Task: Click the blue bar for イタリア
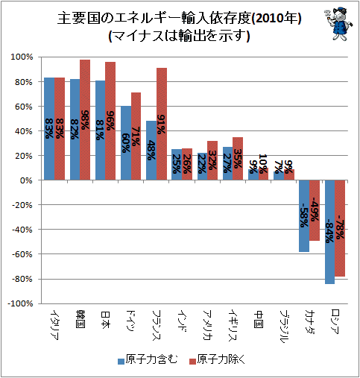click(49, 129)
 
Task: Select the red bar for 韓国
click(85, 120)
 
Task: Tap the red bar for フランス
click(162, 124)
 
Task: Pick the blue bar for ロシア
click(330, 232)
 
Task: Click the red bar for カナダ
click(315, 210)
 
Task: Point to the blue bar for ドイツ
click(126, 143)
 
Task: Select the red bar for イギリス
click(238, 159)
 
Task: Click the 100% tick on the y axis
click(22, 57)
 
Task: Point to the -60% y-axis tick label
click(22, 254)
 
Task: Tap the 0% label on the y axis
click(26, 180)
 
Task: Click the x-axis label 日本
click(105, 320)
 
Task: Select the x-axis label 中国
click(259, 320)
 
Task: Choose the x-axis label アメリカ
click(207, 325)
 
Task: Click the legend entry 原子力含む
click(148, 360)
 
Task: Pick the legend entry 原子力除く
click(217, 360)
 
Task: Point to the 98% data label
click(85, 120)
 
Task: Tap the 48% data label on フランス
click(151, 150)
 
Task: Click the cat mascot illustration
click(338, 24)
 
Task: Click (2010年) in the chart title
click(277, 19)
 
